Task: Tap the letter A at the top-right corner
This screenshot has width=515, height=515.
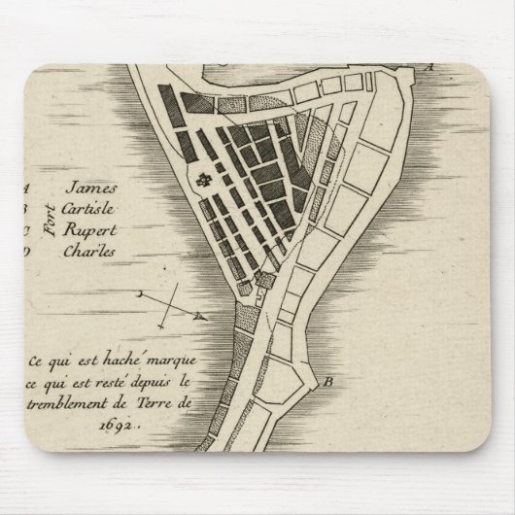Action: tap(429, 67)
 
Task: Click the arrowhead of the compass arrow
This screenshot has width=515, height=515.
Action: tap(199, 316)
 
